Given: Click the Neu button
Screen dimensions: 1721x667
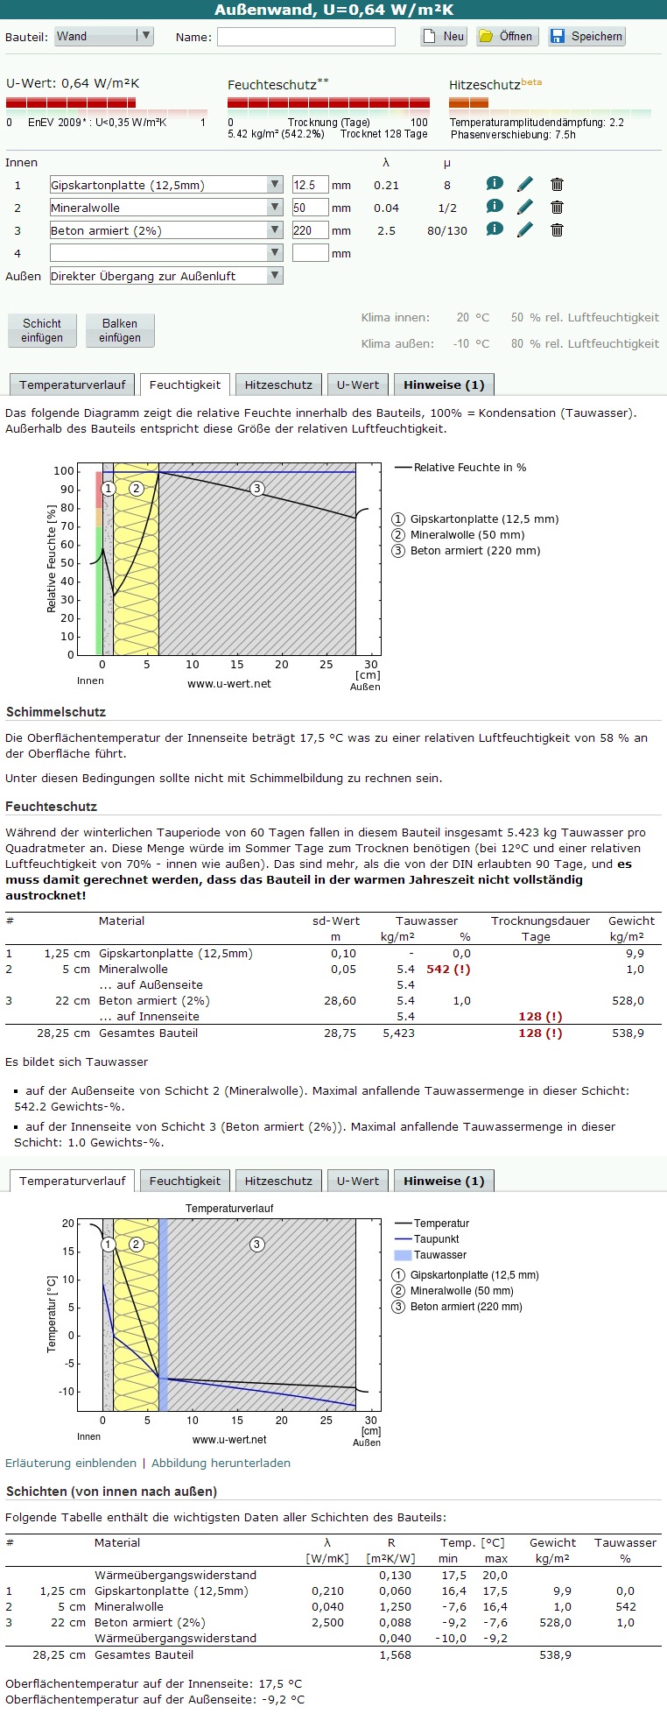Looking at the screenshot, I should coord(444,37).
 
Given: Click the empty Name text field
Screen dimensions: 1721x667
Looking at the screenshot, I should coord(305,37).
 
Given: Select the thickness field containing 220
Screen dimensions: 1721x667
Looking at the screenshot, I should coord(310,230).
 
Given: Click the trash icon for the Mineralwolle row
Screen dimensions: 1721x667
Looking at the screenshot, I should coord(557,208).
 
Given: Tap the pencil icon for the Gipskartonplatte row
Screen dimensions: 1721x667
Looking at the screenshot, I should coord(524,185).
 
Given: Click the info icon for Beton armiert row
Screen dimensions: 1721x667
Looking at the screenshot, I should coord(495,229).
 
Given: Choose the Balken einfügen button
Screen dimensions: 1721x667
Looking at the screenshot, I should coord(120,330).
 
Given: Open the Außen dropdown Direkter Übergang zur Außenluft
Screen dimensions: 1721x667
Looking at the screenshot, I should coord(165,276).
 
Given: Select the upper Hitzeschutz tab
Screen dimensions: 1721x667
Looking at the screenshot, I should coord(277,385).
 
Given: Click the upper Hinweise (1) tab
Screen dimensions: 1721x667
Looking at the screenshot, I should coord(444,385).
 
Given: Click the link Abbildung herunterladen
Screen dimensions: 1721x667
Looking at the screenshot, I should coord(221,1463).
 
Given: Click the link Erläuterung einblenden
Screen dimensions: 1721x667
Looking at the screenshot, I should coord(71,1463).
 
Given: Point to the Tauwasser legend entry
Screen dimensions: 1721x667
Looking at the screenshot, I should coord(439,1255).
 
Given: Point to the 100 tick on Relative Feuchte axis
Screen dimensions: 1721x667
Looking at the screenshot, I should coord(64,471).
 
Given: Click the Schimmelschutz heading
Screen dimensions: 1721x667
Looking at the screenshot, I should coord(56,712).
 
